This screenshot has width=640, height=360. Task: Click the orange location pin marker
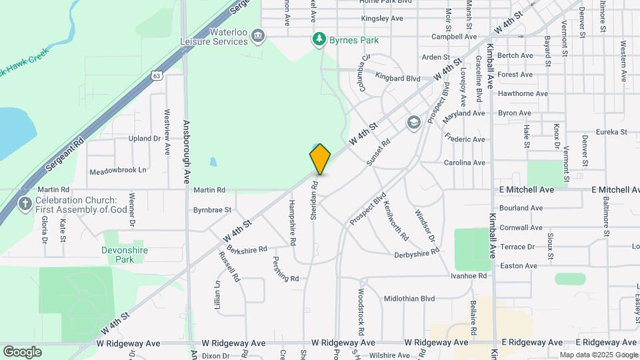320,159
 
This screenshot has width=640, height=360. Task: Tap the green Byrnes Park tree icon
320,40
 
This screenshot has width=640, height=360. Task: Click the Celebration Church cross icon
25,203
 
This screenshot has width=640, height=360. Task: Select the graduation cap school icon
413,122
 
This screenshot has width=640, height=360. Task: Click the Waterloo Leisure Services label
214,37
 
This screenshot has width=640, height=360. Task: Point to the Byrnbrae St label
212,209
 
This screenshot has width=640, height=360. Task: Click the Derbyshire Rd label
417,253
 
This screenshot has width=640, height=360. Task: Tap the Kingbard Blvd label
397,78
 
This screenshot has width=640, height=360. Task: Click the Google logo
22,351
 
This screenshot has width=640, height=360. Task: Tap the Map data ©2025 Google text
599,355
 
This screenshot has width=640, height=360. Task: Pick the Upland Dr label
141,139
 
